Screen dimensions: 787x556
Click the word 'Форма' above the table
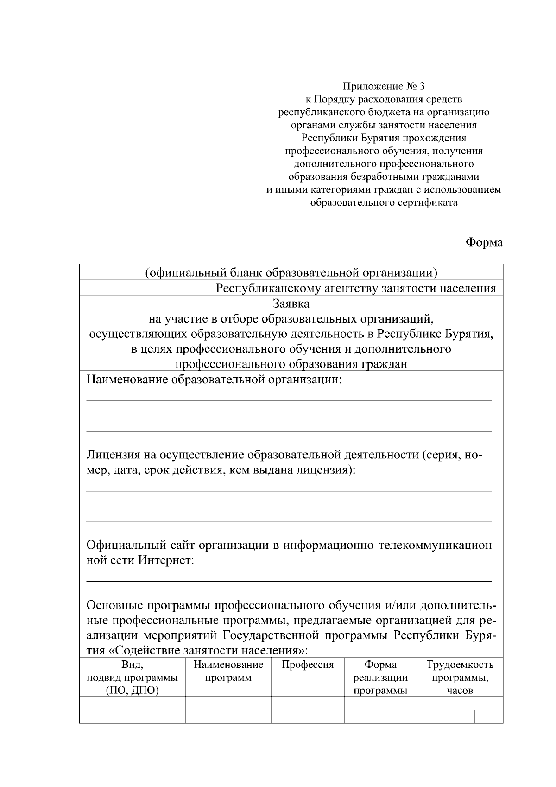tap(484, 242)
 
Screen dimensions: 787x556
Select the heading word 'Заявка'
tap(291, 304)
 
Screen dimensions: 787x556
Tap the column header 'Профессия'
tap(308, 665)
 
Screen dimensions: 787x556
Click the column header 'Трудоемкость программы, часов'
tap(460, 677)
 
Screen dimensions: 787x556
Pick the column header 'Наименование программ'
tap(228, 671)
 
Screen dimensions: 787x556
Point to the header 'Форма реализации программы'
tap(380, 677)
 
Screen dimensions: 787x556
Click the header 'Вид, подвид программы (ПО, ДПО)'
tap(132, 677)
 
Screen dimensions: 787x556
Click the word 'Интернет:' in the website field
tap(166, 560)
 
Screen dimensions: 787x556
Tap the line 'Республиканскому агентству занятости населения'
tap(356, 288)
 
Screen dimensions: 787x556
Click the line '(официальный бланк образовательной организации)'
tap(291, 273)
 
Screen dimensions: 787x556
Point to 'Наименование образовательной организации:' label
tap(214, 380)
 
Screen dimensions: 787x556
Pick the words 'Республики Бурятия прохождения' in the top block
tap(384, 138)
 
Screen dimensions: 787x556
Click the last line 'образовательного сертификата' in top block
tap(384, 203)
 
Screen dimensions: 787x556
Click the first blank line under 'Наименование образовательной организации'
tap(289, 400)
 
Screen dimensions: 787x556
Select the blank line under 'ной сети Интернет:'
tap(289, 581)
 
